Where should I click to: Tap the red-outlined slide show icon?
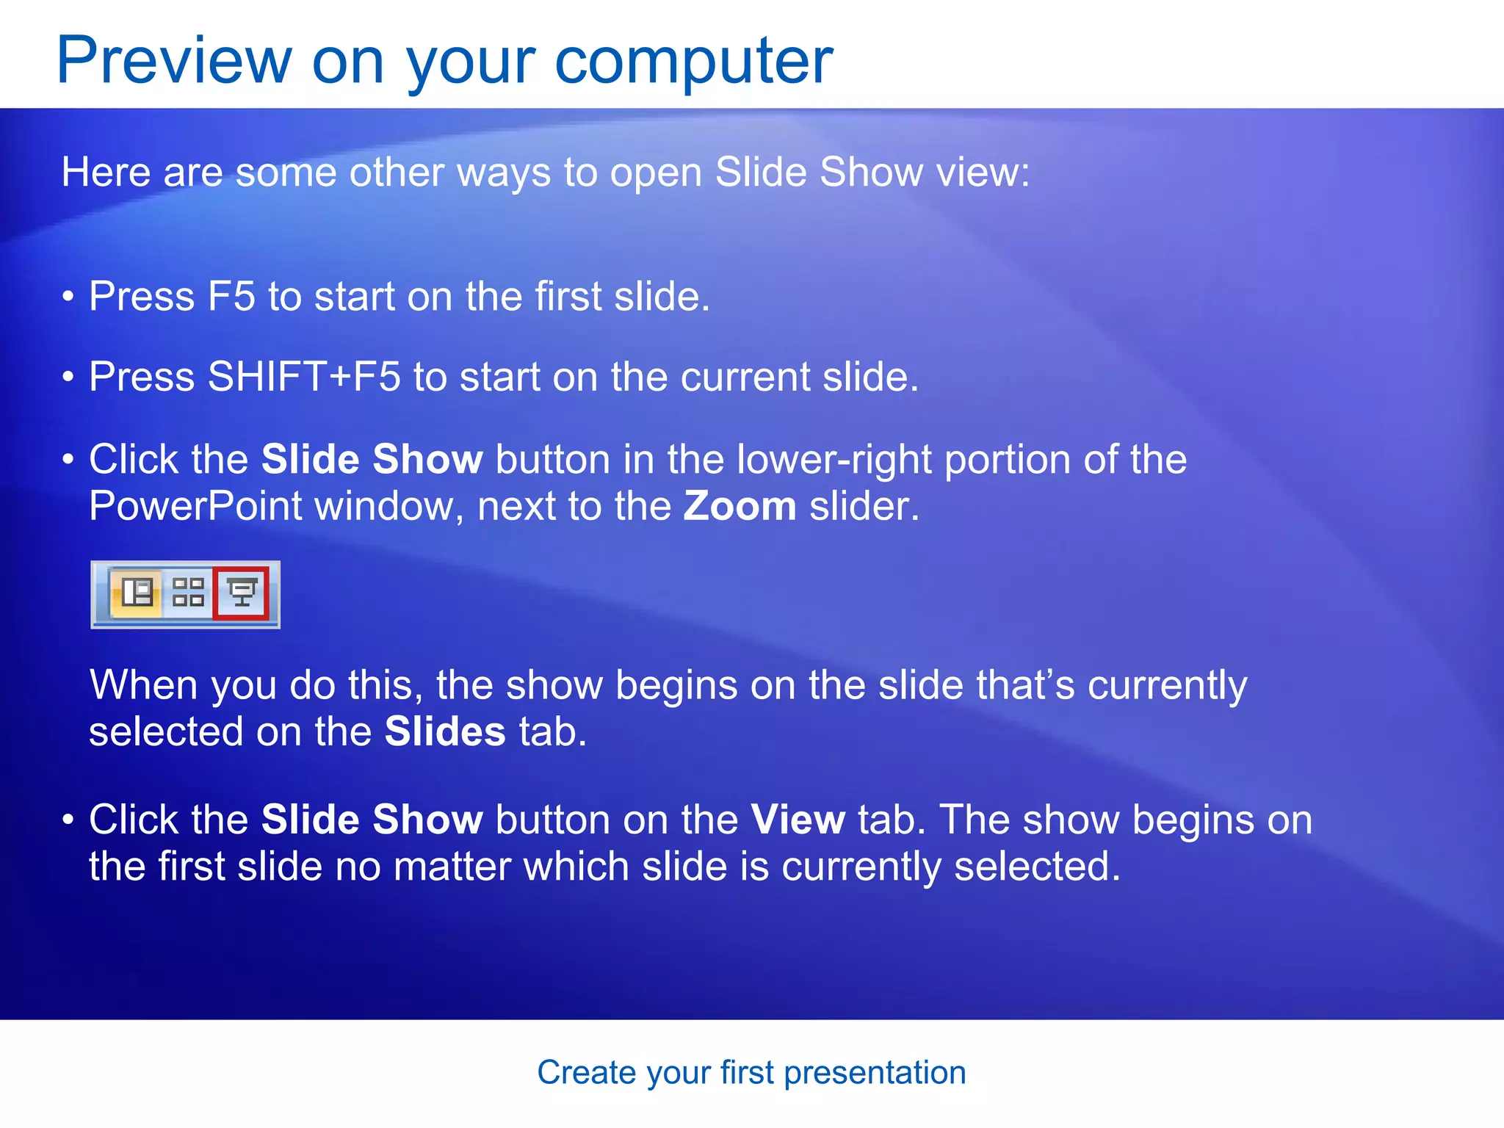pos(242,593)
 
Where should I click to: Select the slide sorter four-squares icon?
pos(188,593)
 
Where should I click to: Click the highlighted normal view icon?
pos(137,593)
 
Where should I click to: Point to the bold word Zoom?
pos(740,507)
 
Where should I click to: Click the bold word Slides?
pos(445,732)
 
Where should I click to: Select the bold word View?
pos(798,820)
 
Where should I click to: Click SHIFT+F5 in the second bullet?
pos(304,377)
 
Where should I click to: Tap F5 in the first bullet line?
pos(231,297)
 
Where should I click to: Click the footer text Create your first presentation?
pos(751,1072)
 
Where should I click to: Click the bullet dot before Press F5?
pos(68,297)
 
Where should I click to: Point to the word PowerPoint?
pos(195,507)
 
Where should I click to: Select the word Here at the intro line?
pos(106,173)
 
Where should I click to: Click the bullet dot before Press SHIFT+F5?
pos(68,377)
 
